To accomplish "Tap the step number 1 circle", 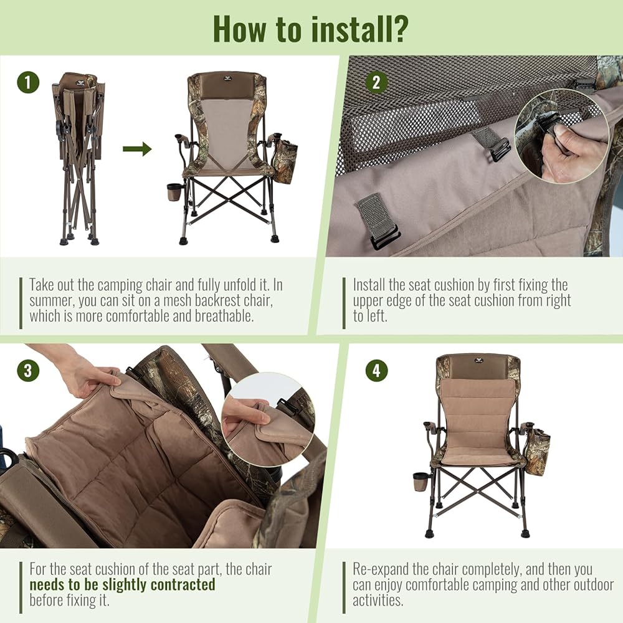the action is (x=28, y=82).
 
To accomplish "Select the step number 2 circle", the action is (x=376, y=82).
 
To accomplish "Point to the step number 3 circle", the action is (x=28, y=370).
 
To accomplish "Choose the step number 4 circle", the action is (x=376, y=370).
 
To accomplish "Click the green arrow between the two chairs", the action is (x=137, y=150).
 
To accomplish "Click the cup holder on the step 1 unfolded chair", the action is (x=174, y=191).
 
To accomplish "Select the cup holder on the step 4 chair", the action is (x=421, y=482).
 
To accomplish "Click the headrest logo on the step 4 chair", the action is (x=477, y=360).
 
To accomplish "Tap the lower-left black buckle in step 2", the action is (x=384, y=239).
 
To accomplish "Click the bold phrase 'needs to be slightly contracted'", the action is (x=122, y=584).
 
